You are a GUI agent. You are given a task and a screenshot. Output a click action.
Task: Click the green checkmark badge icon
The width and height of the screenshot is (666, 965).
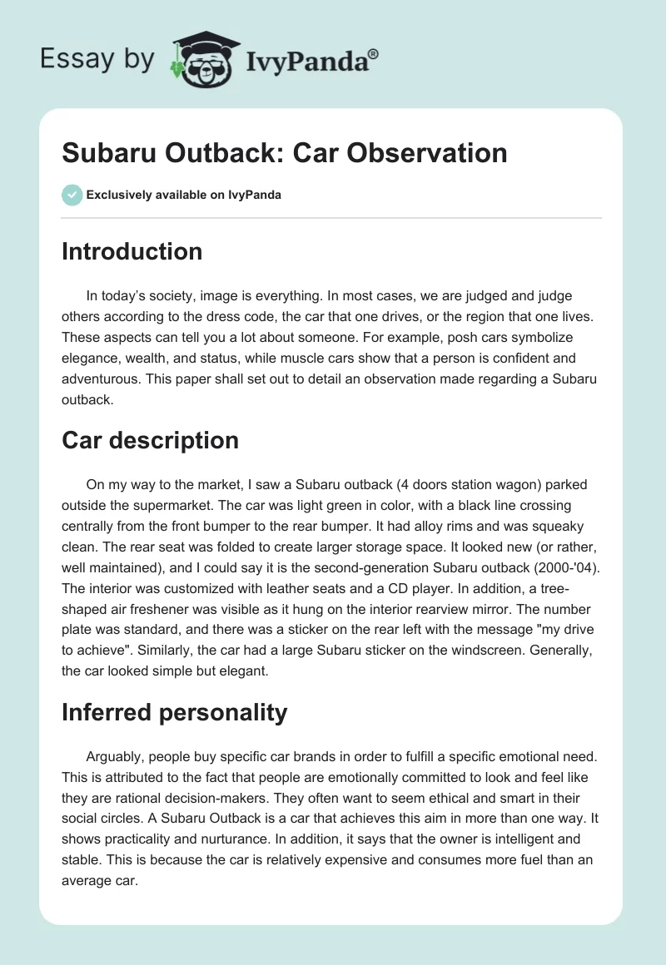[72, 195]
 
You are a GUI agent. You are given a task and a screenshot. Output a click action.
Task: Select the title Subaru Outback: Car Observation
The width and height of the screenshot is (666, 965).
[284, 153]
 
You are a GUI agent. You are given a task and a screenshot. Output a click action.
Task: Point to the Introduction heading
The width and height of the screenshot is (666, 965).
[132, 251]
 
